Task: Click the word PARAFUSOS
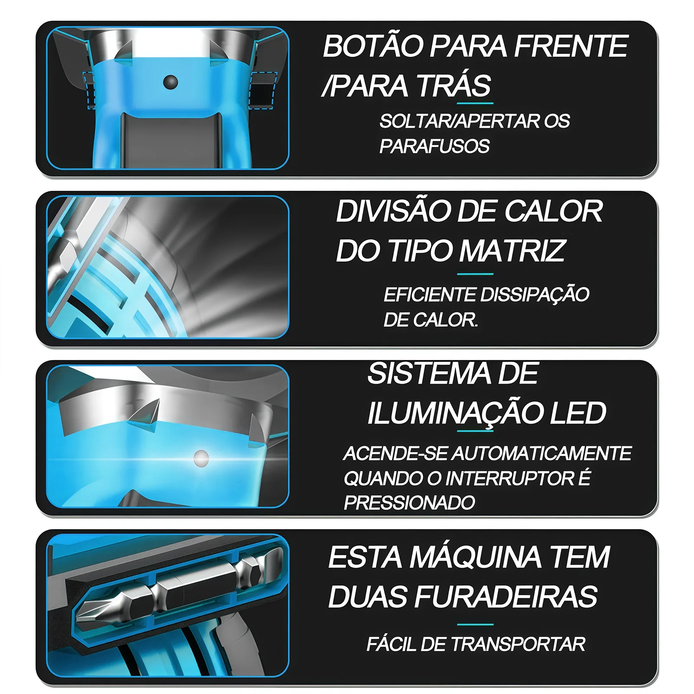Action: pos(435,146)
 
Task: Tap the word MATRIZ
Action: pos(512,251)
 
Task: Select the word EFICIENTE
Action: pos(430,295)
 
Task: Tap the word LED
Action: pos(578,413)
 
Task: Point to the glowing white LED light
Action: pos(201,458)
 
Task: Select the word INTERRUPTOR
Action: pos(510,478)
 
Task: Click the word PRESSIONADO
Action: pos(409,503)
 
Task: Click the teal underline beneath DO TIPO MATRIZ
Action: pos(475,274)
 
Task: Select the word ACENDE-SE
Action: pos(395,454)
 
